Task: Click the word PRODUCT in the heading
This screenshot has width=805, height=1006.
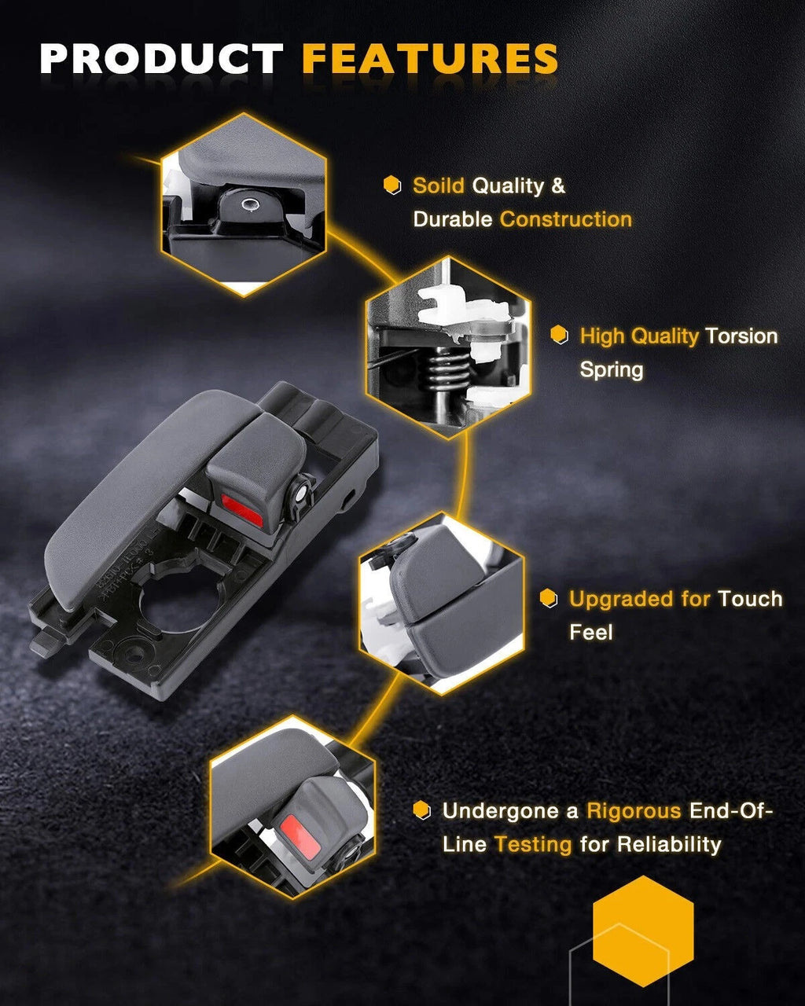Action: tap(162, 58)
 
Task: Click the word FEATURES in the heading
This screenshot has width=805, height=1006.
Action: tap(430, 58)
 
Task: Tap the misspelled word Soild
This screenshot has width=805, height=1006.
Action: tap(439, 185)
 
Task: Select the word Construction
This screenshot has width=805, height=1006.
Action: tap(566, 219)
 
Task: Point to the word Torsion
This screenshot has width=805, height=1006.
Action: tap(741, 336)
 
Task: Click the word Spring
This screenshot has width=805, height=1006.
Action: tap(612, 370)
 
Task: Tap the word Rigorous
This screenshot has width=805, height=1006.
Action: tap(634, 811)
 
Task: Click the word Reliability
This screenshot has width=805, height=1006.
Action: tap(669, 845)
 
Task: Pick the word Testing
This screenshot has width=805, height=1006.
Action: tap(533, 845)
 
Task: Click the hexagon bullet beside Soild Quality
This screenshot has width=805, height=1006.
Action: tap(392, 185)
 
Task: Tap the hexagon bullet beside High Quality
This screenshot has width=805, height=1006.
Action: tap(559, 335)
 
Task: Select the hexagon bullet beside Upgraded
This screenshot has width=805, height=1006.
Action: tap(548, 598)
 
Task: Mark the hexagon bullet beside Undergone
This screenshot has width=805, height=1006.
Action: tap(422, 810)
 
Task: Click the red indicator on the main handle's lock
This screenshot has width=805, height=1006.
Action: tap(241, 510)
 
